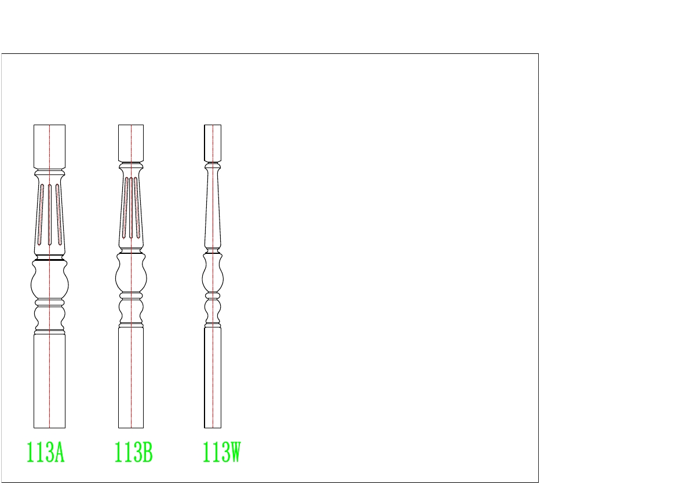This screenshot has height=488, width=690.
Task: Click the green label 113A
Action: [46, 453]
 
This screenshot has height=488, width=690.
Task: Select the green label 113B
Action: [133, 453]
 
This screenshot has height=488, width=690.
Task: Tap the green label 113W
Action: [221, 453]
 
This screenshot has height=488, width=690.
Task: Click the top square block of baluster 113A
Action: [50, 147]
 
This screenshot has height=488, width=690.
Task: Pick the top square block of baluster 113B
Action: [131, 144]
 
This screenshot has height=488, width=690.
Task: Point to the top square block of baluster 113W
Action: [213, 144]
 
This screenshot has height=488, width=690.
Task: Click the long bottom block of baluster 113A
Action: [50, 381]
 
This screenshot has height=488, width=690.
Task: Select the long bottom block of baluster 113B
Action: [131, 377]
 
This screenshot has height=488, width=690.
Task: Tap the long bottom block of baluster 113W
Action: [213, 377]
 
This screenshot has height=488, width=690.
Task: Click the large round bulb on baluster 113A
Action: [50, 281]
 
